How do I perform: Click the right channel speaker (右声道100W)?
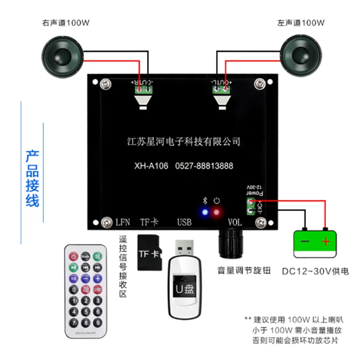coord(63,56)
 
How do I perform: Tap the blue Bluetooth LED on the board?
coord(205,212)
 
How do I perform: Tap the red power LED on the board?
coord(217,212)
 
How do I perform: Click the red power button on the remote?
coord(73,256)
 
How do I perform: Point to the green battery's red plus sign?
coord(325,242)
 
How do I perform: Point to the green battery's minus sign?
coord(305,242)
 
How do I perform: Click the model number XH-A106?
coord(151,166)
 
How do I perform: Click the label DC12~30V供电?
coord(315,271)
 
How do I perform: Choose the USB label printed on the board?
coord(184,222)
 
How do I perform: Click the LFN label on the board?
coord(122,222)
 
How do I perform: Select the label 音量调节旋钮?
coord(243,271)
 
